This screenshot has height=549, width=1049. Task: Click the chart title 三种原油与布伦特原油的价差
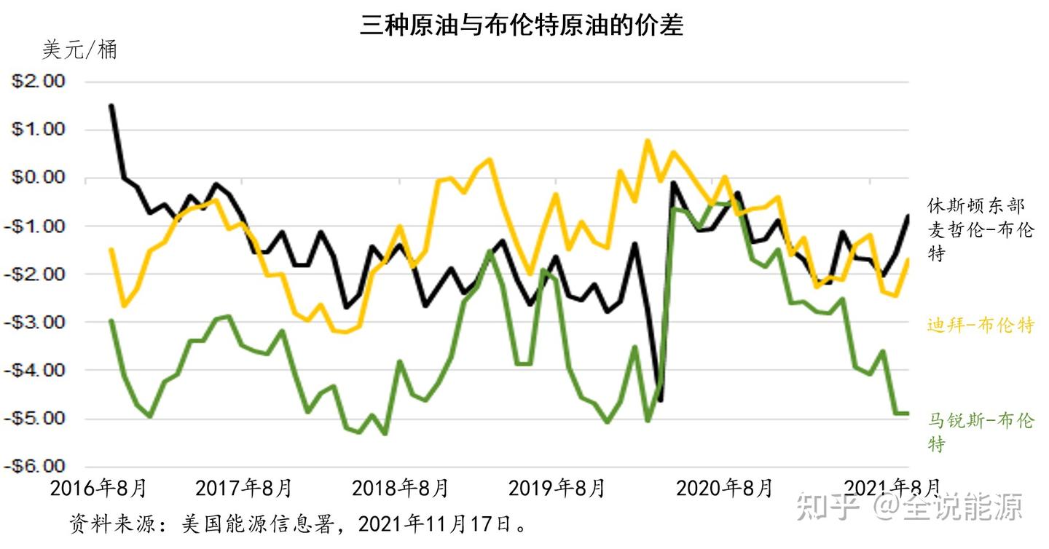tap(521, 26)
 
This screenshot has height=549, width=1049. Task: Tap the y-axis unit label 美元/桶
tap(79, 50)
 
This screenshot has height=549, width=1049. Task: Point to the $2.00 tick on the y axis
tap(39, 82)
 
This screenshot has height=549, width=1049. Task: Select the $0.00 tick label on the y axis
tap(39, 178)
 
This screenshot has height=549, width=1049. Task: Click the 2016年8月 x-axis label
tap(98, 488)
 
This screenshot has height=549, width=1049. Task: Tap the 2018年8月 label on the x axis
tap(400, 488)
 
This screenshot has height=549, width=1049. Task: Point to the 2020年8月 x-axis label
tap(724, 488)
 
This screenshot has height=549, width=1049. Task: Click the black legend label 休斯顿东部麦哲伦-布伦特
tap(980, 230)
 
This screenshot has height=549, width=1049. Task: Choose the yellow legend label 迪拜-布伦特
tap(980, 325)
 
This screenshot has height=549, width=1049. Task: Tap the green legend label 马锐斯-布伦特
tap(980, 432)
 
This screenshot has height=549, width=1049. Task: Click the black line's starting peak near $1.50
tap(111, 106)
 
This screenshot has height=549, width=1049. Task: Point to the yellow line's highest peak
tap(647, 141)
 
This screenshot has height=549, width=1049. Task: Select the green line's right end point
tap(907, 414)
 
